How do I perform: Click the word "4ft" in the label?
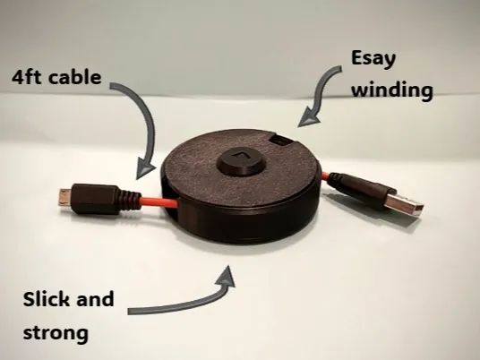pyautogui.click(x=26, y=77)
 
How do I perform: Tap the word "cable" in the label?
pyautogui.click(x=74, y=77)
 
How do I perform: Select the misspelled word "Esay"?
pyautogui.click(x=373, y=59)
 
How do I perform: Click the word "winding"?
pyautogui.click(x=392, y=90)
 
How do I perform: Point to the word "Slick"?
pyautogui.click(x=47, y=299)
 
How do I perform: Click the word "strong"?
pyautogui.click(x=56, y=333)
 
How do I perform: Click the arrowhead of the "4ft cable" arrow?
pyautogui.click(x=144, y=169)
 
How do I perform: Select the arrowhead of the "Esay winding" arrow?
pyautogui.click(x=308, y=119)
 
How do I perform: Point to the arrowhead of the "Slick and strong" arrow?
pyautogui.click(x=227, y=277)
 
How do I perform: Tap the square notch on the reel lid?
pyautogui.click(x=281, y=141)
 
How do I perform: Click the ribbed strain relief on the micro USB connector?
pyautogui.click(x=130, y=201)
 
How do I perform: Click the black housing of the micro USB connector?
pyautogui.click(x=95, y=199)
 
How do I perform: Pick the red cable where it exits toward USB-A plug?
pyautogui.click(x=325, y=176)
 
